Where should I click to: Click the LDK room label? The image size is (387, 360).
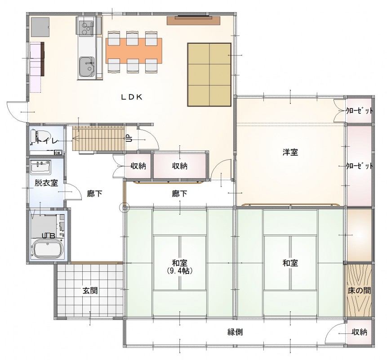click(x=132, y=97)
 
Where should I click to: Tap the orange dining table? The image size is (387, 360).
click(x=134, y=51)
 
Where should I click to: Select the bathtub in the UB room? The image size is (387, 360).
click(x=47, y=249)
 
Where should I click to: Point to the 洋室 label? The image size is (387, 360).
click(x=290, y=152)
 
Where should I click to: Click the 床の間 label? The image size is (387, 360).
click(x=359, y=291)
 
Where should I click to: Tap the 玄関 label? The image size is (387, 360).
click(x=90, y=291)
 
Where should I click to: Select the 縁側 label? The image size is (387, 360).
click(x=235, y=332)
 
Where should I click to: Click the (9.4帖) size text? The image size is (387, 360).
click(x=179, y=271)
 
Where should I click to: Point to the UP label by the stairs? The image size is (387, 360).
click(x=129, y=138)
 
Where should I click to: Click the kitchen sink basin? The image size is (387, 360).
click(x=87, y=67)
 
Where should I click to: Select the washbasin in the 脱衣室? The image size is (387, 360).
click(x=41, y=166)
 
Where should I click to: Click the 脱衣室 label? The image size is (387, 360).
click(x=46, y=183)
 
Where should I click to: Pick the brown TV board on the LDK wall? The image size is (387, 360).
click(x=193, y=21)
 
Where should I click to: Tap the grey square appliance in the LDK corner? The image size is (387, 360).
click(x=40, y=27)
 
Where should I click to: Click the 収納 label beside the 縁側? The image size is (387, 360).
click(x=360, y=332)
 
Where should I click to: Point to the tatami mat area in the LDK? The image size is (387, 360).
click(x=209, y=75)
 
